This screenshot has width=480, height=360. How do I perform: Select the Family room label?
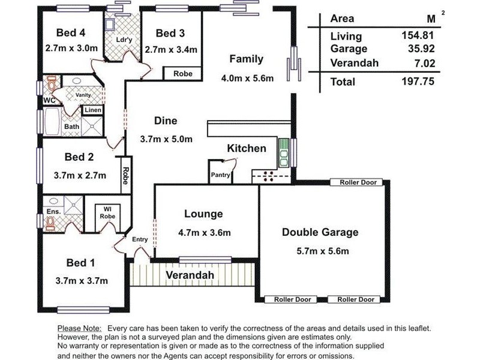246,59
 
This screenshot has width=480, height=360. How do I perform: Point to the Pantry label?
220,175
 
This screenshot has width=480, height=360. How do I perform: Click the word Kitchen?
246,148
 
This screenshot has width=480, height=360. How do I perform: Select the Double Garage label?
320,232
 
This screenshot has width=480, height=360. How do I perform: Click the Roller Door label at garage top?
359,182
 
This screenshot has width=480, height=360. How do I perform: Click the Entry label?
140,239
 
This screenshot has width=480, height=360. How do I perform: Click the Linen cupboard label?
92,110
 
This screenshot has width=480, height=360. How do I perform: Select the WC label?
49,100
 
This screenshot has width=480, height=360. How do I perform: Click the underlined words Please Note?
80,329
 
